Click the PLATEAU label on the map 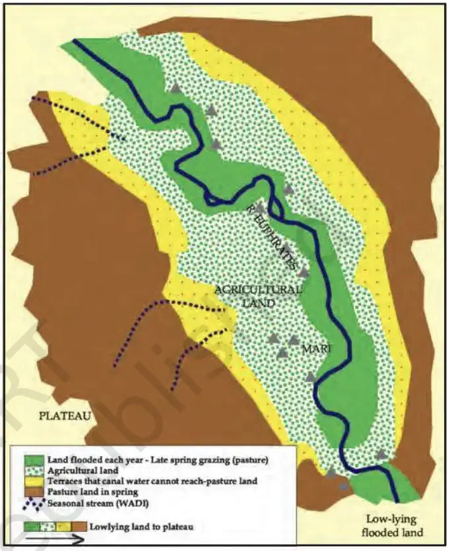coord(55,416)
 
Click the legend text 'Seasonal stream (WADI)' coord(96,502)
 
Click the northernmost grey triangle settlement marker coord(175,88)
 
